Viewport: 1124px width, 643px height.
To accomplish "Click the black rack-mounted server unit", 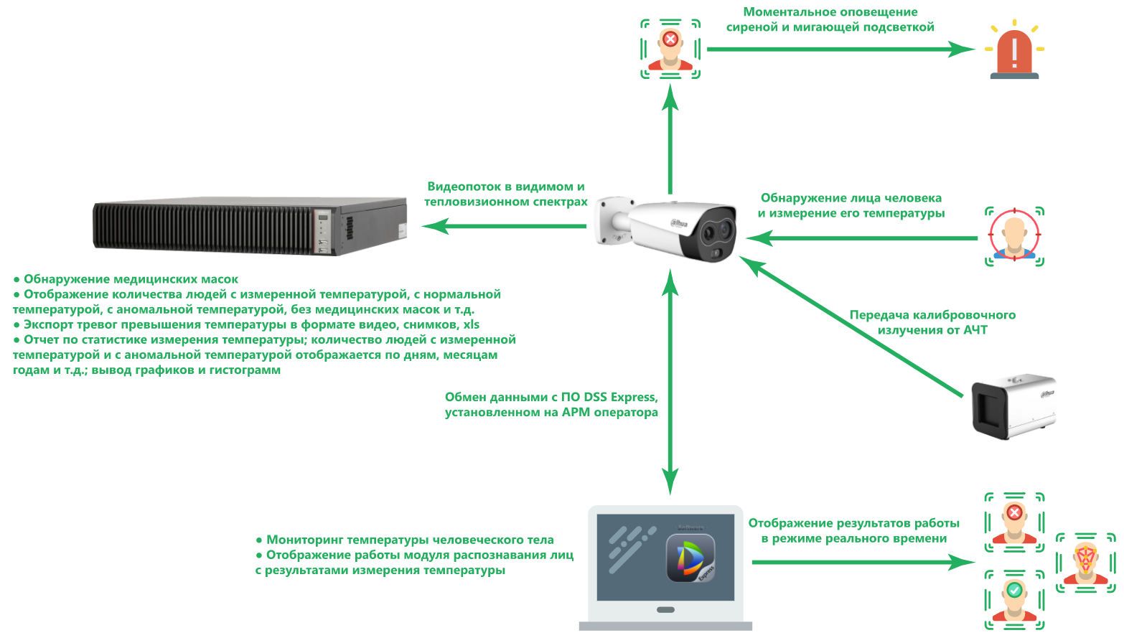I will pos(250,226).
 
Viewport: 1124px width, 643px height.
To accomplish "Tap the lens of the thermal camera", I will pos(710,232).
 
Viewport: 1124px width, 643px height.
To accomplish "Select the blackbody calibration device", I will pos(1013,405).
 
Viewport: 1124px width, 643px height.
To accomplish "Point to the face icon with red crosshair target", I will pos(1014,236).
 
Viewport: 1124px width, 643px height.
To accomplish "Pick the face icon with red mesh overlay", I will pos(1085,563).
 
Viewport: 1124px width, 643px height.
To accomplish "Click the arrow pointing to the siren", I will pos(840,50).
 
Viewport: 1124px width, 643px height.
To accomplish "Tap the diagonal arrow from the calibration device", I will pos(851,327).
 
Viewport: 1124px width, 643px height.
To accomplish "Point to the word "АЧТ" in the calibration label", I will pos(975,330).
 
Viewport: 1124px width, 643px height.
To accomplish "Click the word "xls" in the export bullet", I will pos(471,324).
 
